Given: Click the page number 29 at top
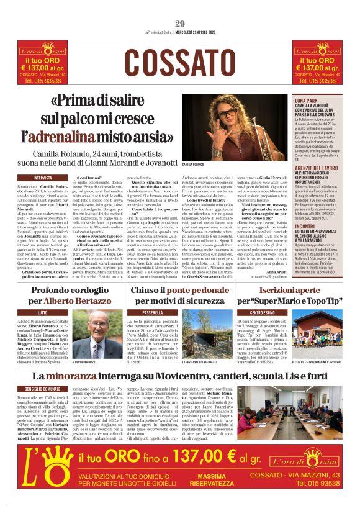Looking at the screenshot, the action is pyautogui.click(x=180, y=24).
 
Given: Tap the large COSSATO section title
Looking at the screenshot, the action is pyautogui.click(x=180, y=61).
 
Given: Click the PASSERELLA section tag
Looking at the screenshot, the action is pyautogui.click(x=153, y=313).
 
